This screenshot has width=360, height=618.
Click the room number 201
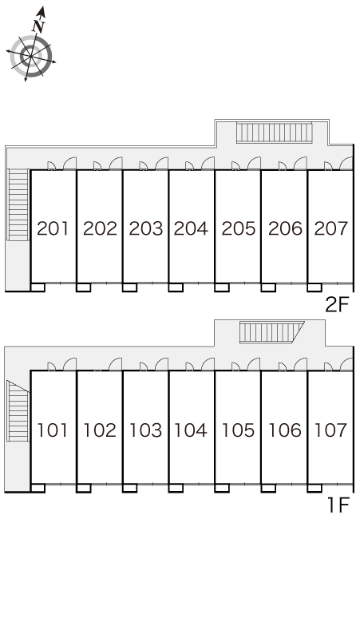click(53, 228)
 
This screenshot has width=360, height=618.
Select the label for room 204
click(191, 228)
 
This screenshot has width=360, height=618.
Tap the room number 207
click(330, 228)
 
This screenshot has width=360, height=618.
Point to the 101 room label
click(53, 430)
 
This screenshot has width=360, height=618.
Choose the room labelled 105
click(238, 430)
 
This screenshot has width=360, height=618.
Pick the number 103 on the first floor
click(145, 430)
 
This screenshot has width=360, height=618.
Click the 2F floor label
click(338, 305)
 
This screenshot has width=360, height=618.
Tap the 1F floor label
click(338, 505)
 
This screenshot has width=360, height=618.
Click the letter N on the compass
click(38, 26)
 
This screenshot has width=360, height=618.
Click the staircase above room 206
click(274, 133)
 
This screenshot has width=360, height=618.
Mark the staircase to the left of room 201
click(18, 204)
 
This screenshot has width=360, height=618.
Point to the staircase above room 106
click(271, 332)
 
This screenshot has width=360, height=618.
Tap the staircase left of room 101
click(18, 410)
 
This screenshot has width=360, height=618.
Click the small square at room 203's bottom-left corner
click(129, 287)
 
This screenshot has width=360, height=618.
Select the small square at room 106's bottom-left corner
click(268, 488)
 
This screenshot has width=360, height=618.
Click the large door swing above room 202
click(116, 164)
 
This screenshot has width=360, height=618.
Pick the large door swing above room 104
click(208, 364)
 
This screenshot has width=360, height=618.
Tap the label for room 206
click(285, 228)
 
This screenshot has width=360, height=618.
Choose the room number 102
click(100, 430)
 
